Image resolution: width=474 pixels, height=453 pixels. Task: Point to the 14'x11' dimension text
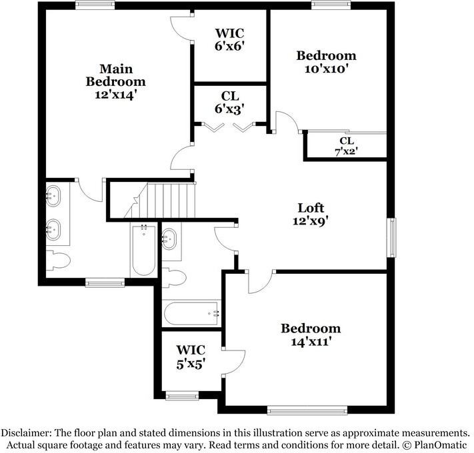tap(310, 342)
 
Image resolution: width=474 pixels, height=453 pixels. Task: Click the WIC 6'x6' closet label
tap(229, 39)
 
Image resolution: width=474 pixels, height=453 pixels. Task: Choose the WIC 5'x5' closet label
tap(190, 356)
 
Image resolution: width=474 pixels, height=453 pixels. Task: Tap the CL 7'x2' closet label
tap(346, 146)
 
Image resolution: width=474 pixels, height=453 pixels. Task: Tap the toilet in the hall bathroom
tap(173, 277)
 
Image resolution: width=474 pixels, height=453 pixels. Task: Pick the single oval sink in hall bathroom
tap(171, 238)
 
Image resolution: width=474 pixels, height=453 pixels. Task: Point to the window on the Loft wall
tap(392, 236)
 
